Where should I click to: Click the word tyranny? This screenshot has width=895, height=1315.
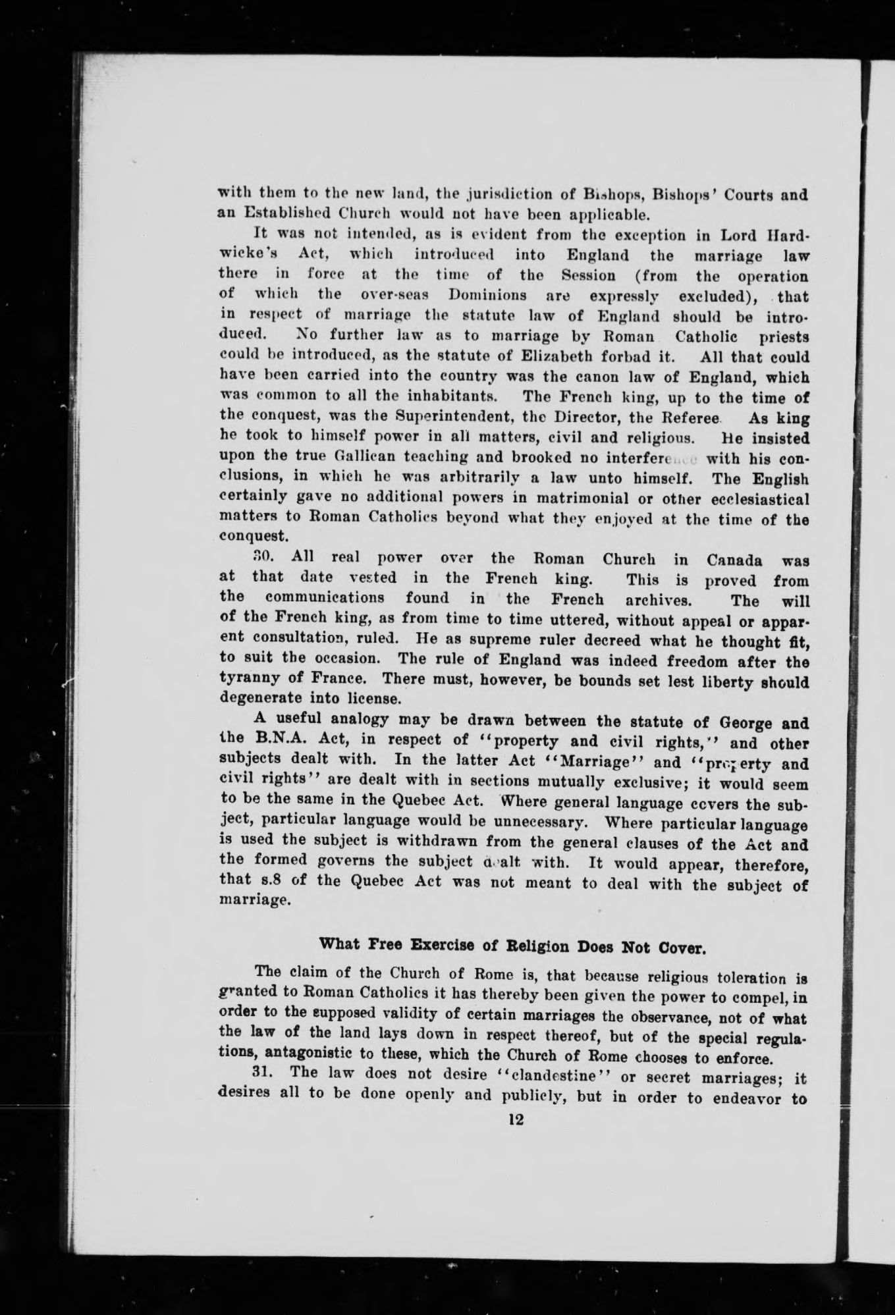(x=246, y=678)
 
